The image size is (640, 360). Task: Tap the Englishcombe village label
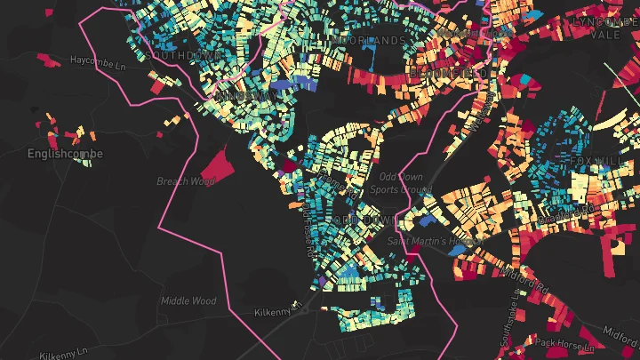[x=65, y=154]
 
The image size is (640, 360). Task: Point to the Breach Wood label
[x=186, y=181]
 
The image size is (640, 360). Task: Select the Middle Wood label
[x=188, y=301]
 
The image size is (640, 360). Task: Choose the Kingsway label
[x=242, y=95]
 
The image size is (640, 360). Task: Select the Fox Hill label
[x=582, y=160]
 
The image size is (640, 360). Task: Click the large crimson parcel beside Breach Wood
[x=215, y=165]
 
